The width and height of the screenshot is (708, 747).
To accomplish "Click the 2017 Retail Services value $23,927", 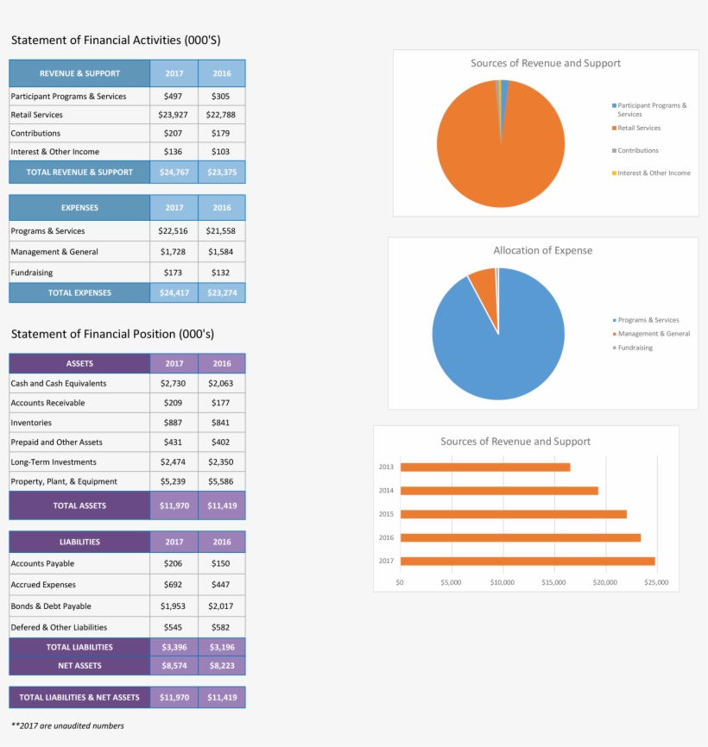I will [x=174, y=115].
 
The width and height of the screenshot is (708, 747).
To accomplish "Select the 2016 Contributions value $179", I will [x=221, y=134].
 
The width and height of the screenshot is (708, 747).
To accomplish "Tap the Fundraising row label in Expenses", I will [x=32, y=273].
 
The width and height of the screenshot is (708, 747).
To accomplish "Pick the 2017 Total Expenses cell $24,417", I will [x=174, y=293].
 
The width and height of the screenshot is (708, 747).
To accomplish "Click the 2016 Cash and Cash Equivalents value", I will [x=221, y=383].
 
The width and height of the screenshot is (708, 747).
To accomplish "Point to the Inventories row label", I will [x=31, y=423].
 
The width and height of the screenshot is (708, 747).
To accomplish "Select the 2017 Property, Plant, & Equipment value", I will [x=174, y=481].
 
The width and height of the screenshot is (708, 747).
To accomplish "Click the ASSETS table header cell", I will [x=79, y=363].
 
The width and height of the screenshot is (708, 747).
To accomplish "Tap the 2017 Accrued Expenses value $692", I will [x=174, y=585].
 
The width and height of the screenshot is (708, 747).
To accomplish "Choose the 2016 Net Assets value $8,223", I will [x=222, y=666].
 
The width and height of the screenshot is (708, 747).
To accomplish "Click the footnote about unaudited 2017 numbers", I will [x=67, y=725].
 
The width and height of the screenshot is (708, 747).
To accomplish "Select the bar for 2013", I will [x=484, y=468].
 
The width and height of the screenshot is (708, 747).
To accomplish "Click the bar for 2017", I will [x=527, y=562].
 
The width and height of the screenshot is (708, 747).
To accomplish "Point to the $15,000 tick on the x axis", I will [x=553, y=583].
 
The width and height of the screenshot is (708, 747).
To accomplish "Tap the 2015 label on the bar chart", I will [x=386, y=514].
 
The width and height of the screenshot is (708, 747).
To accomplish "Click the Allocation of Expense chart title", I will [x=542, y=250].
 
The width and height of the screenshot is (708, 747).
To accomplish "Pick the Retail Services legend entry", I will [x=638, y=128].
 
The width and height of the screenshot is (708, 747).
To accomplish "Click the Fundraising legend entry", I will [x=635, y=348].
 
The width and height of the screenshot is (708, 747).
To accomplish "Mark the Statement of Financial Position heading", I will [x=112, y=334].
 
